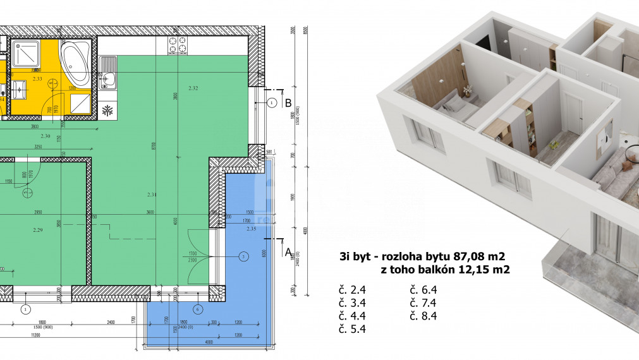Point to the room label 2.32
click(x=193, y=88)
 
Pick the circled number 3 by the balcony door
click(x=243, y=256)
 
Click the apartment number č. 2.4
click(x=352, y=291)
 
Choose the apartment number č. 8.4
click(x=423, y=316)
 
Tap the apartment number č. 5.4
click(x=352, y=328)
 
